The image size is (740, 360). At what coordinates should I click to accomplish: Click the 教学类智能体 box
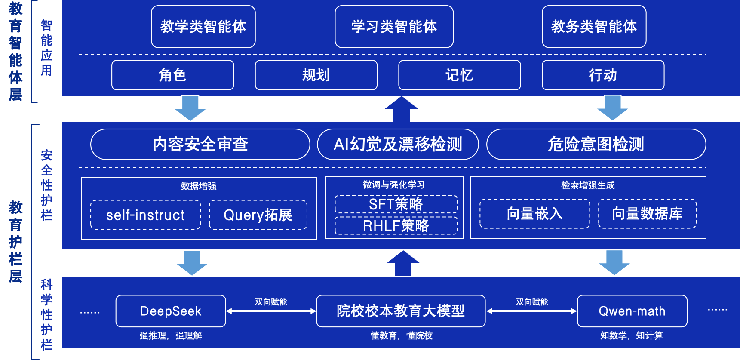tap(203, 27)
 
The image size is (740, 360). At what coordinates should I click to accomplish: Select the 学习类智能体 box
tap(394, 27)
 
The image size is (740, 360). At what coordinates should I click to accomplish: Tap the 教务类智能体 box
tap(594, 27)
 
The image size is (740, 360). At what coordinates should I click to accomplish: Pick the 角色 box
tap(172, 75)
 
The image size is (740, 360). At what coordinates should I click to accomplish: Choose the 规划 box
tap(316, 75)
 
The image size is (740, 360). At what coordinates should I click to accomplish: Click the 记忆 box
tap(459, 75)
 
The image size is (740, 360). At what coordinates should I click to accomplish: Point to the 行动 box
tap(603, 75)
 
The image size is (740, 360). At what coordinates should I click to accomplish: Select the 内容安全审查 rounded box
tap(200, 145)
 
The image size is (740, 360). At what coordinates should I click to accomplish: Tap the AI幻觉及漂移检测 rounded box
tap(398, 145)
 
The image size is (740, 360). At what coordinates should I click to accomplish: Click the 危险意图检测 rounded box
tap(596, 145)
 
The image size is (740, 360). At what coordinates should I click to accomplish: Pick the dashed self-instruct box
tap(145, 215)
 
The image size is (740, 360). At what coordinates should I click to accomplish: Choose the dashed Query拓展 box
tap(258, 215)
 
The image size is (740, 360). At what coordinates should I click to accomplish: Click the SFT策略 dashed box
tap(396, 204)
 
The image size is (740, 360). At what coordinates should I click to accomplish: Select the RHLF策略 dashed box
tap(396, 225)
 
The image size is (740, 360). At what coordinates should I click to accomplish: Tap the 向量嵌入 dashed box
tap(534, 214)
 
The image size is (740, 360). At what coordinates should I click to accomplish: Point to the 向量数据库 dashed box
tap(647, 214)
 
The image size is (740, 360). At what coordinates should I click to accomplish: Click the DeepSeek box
tap(171, 311)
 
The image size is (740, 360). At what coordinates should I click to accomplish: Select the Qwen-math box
tap(632, 311)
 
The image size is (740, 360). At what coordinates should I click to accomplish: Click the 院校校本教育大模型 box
tap(401, 311)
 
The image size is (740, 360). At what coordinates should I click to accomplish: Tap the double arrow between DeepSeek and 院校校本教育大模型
tap(271, 311)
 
